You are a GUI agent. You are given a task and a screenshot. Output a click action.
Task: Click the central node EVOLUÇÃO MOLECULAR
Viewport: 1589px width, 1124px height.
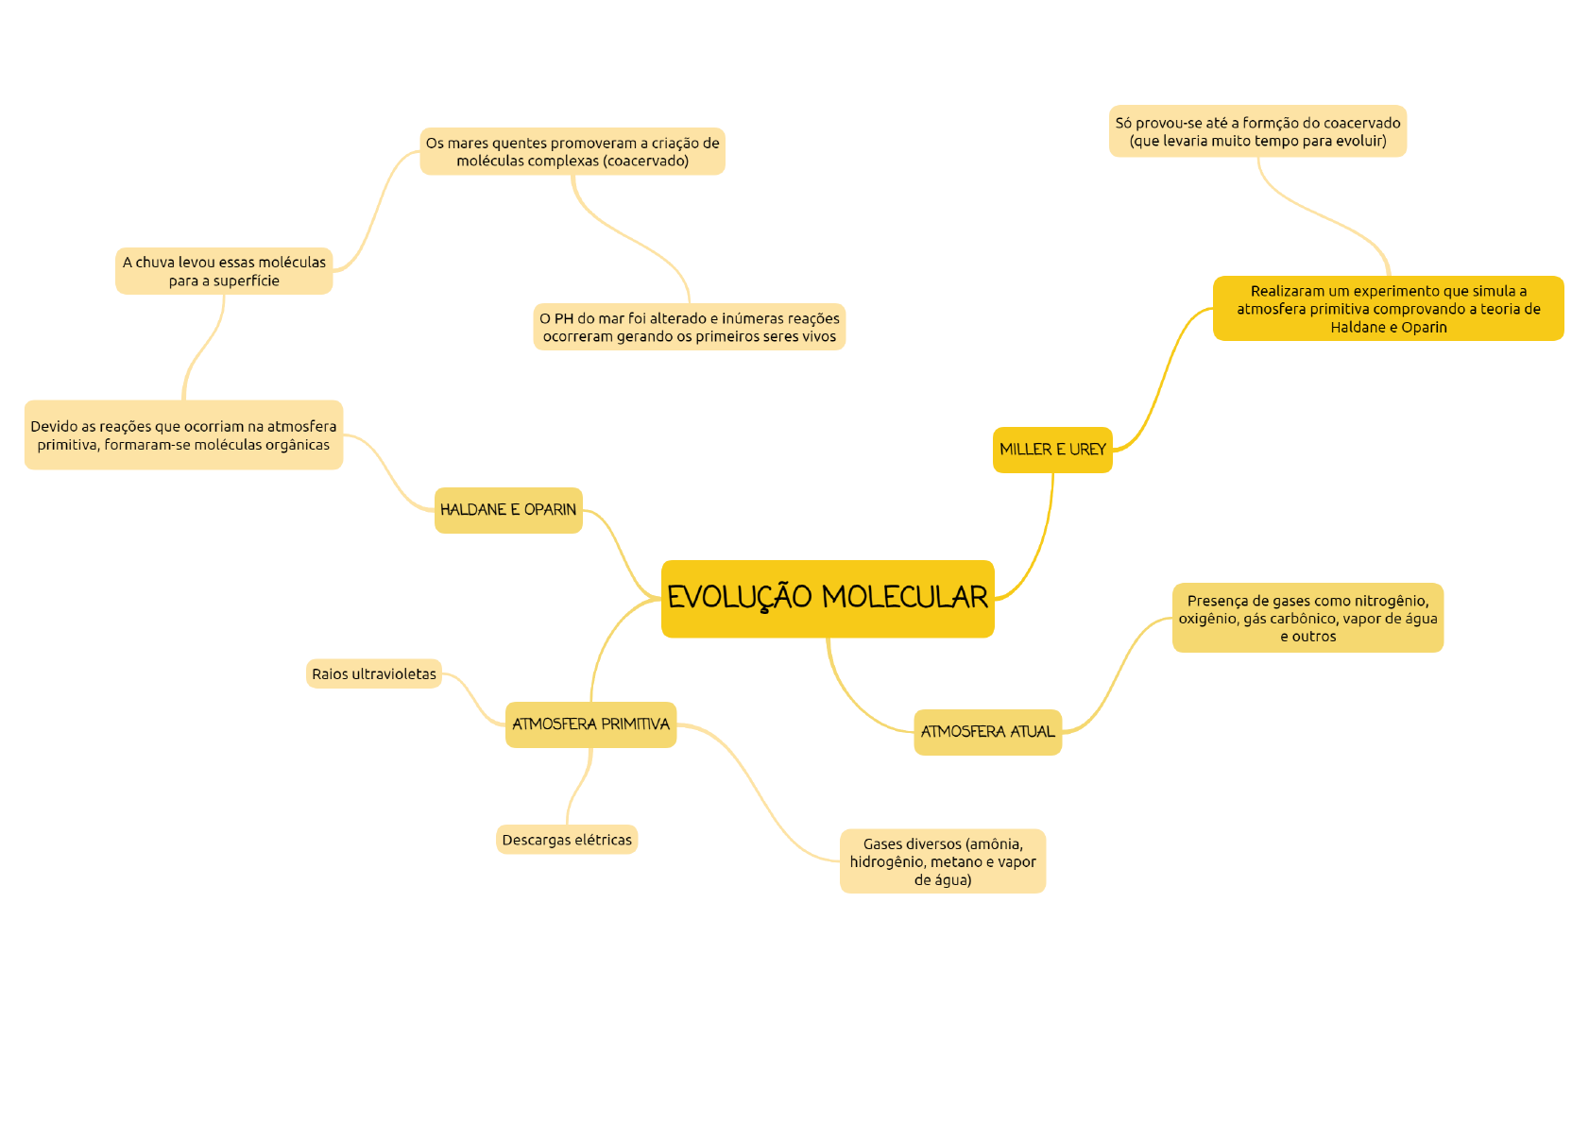[x=827, y=599]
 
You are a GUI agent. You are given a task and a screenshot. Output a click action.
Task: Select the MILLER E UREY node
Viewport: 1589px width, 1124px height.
[x=1051, y=450]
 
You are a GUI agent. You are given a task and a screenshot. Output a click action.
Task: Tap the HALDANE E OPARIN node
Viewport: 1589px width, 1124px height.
[x=508, y=510]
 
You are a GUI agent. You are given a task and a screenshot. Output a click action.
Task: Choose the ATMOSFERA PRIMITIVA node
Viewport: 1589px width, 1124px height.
[x=590, y=724]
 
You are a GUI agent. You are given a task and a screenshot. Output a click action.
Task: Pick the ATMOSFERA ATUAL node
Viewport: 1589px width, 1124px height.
[x=987, y=732]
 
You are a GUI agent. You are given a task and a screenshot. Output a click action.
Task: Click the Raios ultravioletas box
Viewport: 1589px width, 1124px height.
[x=374, y=674]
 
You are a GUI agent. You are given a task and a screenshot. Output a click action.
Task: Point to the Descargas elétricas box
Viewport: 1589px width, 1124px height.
[x=567, y=840]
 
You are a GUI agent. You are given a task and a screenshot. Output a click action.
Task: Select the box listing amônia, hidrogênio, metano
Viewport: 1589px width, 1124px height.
[x=942, y=861]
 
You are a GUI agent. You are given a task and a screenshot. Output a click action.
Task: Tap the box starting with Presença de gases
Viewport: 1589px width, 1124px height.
[x=1307, y=619]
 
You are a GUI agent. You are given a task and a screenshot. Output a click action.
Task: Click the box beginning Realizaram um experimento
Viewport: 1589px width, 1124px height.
[x=1388, y=309]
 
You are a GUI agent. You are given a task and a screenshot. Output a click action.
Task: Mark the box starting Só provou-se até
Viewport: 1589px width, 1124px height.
[x=1257, y=131]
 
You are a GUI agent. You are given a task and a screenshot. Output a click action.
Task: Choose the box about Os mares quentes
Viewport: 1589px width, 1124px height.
[x=572, y=152]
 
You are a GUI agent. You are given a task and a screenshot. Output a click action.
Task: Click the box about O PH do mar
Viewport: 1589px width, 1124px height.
[x=689, y=328]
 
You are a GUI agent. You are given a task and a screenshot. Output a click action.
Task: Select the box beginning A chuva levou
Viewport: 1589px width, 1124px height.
[x=224, y=271]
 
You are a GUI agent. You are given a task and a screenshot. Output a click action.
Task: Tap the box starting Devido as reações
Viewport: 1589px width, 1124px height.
[x=183, y=435]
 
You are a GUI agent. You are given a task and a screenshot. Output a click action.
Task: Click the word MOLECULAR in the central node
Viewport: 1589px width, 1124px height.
[x=904, y=598]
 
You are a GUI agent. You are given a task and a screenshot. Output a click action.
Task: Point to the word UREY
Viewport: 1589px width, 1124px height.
[x=1087, y=450]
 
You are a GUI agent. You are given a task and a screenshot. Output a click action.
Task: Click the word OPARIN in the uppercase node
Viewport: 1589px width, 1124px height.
[x=550, y=510]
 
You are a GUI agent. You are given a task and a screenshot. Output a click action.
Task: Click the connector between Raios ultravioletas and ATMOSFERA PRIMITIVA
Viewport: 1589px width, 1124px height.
[x=472, y=700]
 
